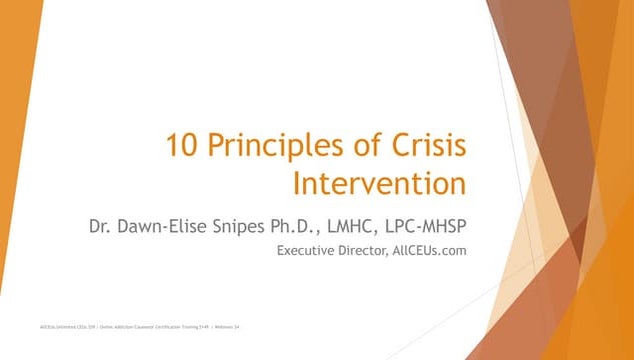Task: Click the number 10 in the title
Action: point(182,146)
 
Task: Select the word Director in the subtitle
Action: point(370,250)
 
